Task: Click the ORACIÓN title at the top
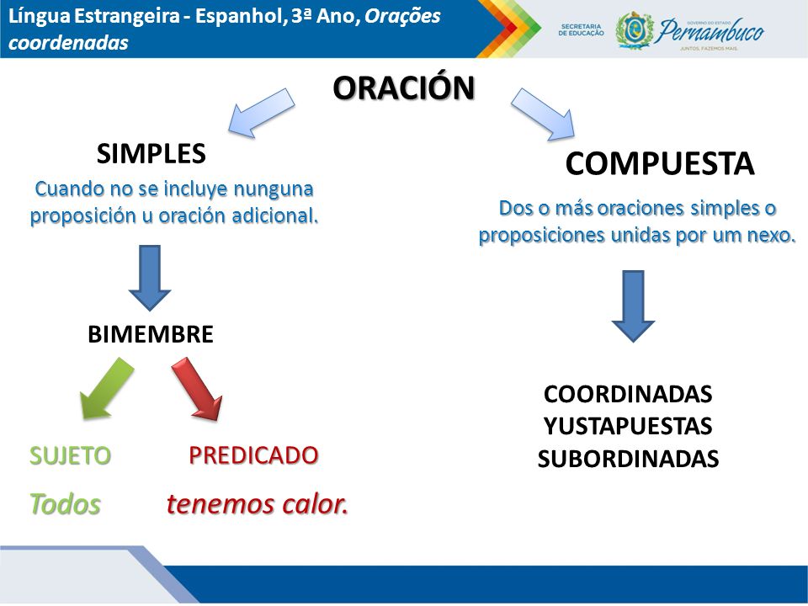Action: pos(403,87)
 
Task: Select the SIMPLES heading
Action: pos(151,153)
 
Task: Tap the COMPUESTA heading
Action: pos(660,163)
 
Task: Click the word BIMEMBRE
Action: pos(151,334)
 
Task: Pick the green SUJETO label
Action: pos(70,455)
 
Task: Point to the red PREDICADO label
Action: pos(253,455)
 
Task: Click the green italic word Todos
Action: pos(65,504)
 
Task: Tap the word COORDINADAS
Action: pos(628,394)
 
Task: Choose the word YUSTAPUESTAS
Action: pos(628,426)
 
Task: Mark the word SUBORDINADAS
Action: pos(628,459)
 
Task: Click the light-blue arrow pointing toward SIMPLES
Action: pos(261,113)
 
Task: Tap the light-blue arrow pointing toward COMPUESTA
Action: pos(543,114)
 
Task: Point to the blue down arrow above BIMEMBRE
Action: pos(150,278)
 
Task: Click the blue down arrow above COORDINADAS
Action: pos(633,306)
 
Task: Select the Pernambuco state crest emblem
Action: pos(634,31)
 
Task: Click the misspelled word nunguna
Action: pos(273,189)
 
